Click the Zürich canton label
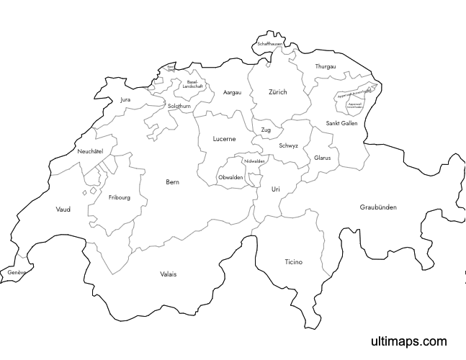click(277, 92)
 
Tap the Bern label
click(172, 182)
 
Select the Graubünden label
click(377, 207)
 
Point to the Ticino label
click(293, 262)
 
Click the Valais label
click(168, 274)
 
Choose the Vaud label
click(63, 210)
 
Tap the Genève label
click(17, 273)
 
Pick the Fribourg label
click(120, 197)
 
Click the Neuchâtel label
click(91, 151)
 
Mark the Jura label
click(126, 99)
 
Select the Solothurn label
click(179, 106)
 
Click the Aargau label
click(232, 92)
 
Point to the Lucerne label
click(224, 139)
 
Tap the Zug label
click(266, 130)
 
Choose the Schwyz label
click(288, 145)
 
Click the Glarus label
click(322, 157)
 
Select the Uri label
click(275, 189)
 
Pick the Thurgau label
click(326, 67)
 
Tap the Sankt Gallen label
click(341, 123)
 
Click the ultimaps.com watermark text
click(408, 341)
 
